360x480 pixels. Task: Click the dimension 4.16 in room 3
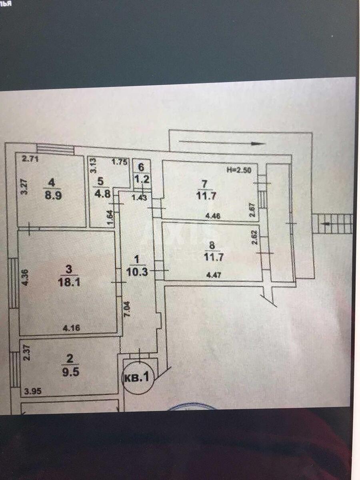tap(72, 328)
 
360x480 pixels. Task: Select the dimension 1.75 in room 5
tap(119, 162)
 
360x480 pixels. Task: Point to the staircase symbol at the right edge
tap(332, 224)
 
